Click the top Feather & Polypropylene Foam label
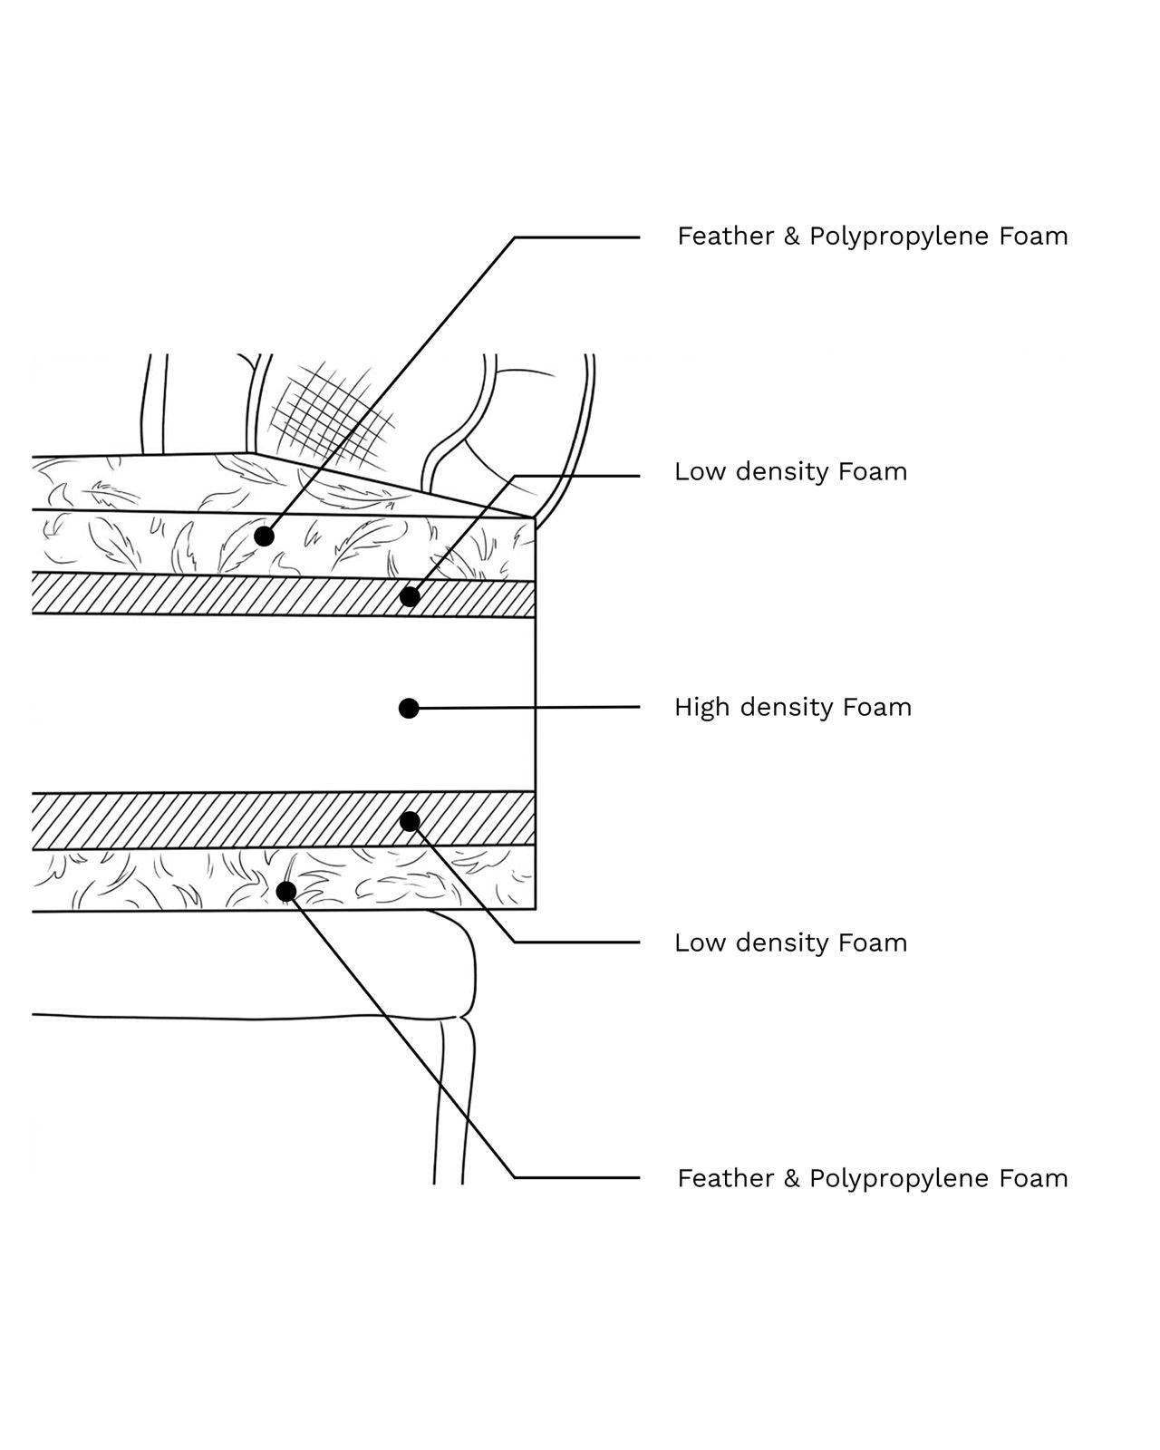(x=872, y=237)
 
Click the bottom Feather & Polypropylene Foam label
(x=872, y=1179)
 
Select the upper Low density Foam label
(x=790, y=472)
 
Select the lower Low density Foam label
(x=790, y=943)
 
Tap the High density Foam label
(x=792, y=708)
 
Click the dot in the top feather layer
(x=264, y=536)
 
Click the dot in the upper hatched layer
(x=410, y=597)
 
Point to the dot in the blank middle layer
(x=409, y=708)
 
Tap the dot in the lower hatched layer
(x=410, y=821)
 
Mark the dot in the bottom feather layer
(x=286, y=892)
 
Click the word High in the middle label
(x=701, y=708)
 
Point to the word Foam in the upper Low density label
(x=872, y=472)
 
